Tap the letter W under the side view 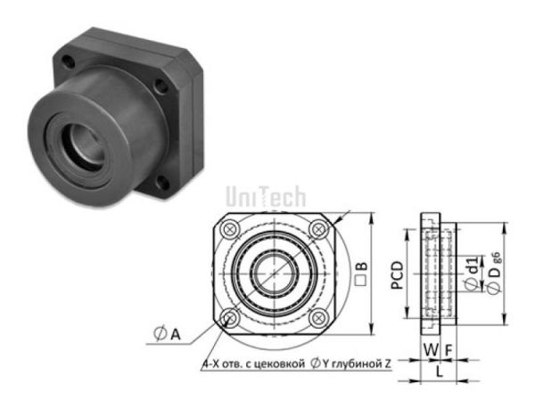click(429, 350)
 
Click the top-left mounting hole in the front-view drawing click(232, 228)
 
